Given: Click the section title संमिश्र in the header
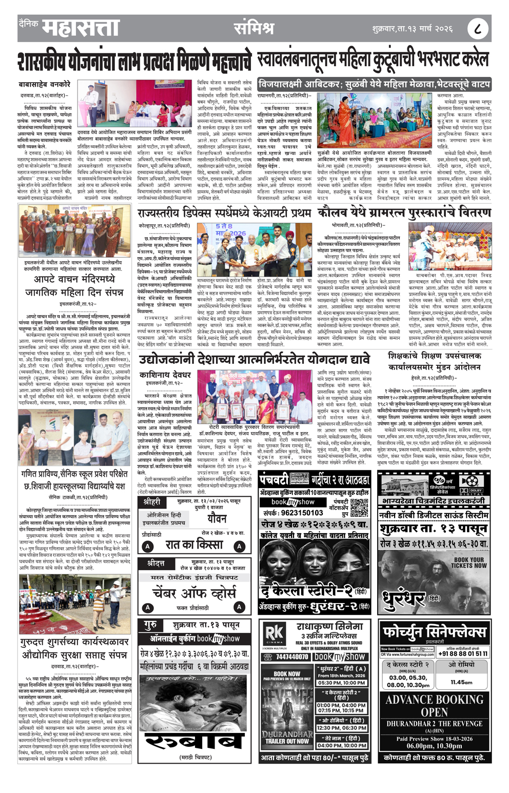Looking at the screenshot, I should click(253, 28).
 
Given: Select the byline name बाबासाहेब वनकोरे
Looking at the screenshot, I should click(45, 84).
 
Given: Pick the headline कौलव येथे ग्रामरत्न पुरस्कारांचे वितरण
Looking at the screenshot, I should click(404, 212).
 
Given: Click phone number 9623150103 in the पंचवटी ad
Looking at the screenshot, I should click(293, 512).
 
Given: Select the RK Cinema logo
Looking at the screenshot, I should click(274, 634).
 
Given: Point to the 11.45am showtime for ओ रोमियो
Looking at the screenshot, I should click(461, 682).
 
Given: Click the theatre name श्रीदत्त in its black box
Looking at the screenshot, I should click(155, 563).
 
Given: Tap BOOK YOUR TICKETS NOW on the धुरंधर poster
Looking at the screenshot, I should click(467, 563).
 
